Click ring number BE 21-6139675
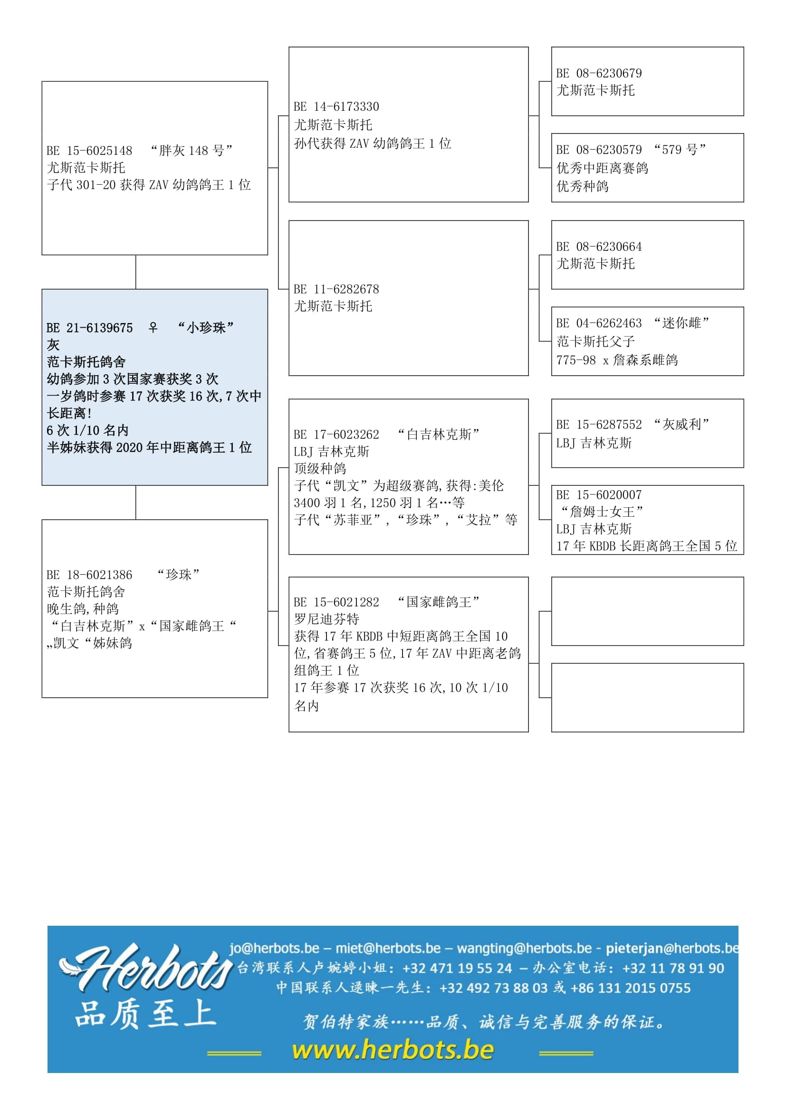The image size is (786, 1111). (89, 328)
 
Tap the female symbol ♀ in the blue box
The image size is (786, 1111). (153, 328)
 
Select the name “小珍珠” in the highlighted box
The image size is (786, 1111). (206, 328)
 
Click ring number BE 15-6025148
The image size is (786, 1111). (89, 151)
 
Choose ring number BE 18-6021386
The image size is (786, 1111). (89, 575)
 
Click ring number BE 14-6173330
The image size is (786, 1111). (336, 107)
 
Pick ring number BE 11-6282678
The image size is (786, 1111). (336, 289)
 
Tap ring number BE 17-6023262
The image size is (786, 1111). (336, 435)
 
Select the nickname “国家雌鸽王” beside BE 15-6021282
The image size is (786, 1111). (439, 602)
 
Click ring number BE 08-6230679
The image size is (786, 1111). (599, 74)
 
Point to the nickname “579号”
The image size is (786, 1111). (680, 150)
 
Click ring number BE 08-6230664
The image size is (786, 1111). (599, 247)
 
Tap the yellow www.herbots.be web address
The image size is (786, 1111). (393, 1050)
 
